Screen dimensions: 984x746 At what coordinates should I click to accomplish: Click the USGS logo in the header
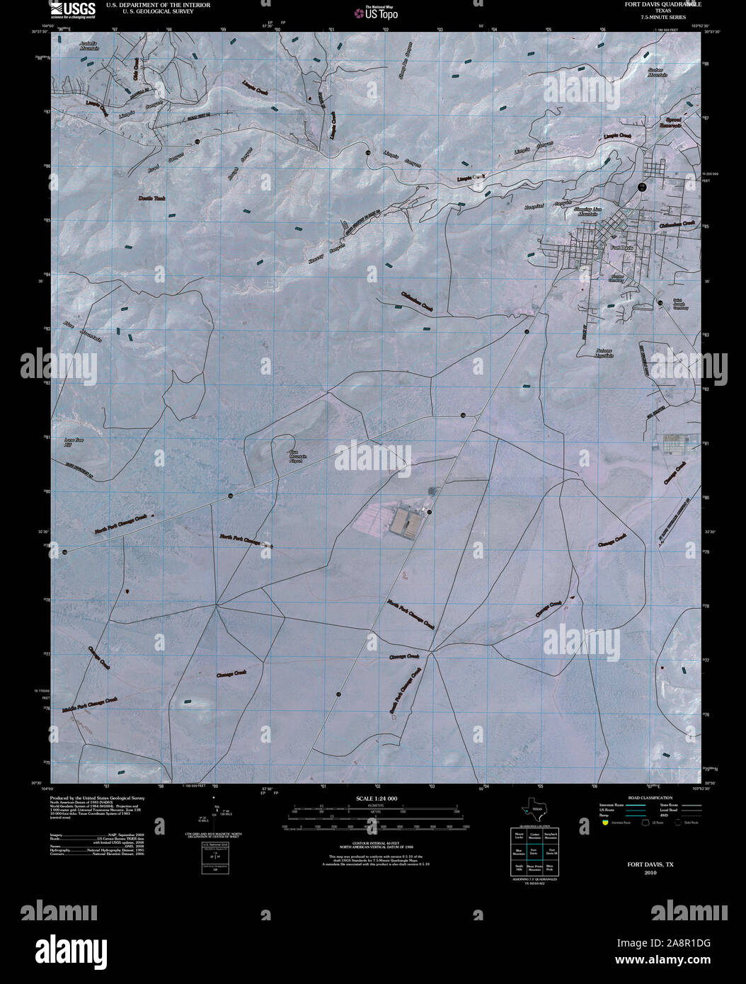click(74, 9)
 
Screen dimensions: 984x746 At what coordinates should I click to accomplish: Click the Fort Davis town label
click(621, 248)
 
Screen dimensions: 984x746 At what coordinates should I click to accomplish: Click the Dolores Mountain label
click(594, 353)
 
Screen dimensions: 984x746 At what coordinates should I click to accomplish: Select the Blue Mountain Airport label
click(297, 457)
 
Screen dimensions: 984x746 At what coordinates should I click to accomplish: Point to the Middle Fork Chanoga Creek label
click(89, 704)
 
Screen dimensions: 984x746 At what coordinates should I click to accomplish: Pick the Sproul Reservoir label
click(670, 122)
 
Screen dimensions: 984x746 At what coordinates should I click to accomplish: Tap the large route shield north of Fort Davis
click(641, 186)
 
